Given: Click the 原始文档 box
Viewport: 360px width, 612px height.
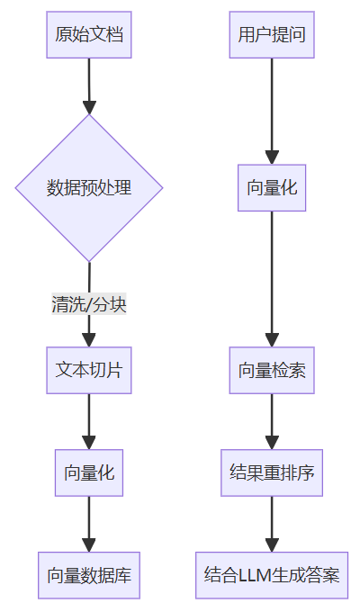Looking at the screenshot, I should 89,35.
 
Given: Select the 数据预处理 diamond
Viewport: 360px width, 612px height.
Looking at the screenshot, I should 89,188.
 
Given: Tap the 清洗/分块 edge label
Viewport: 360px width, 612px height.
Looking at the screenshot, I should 89,304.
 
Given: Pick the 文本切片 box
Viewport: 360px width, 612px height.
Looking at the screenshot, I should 89,370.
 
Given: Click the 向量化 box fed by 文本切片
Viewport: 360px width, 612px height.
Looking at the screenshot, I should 89,472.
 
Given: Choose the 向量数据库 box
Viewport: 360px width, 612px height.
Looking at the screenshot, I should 89,575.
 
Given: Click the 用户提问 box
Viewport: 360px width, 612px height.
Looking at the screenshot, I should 272,35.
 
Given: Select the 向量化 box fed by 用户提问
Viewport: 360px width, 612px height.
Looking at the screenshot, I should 272,188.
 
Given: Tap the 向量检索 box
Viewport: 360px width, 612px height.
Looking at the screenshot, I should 272,370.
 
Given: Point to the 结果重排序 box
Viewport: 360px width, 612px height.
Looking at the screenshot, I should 272,472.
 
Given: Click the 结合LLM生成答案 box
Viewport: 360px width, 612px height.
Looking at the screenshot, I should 272,575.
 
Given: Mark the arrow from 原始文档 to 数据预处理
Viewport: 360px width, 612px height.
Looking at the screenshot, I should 89,85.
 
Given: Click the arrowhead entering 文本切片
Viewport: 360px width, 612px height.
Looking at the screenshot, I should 89,339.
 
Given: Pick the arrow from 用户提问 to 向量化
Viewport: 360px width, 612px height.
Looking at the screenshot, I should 272,108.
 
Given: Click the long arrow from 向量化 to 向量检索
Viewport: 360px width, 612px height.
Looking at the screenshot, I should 272,279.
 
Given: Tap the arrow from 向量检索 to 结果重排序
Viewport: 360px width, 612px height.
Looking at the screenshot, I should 272,421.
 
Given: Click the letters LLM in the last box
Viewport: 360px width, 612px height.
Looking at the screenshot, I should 254,575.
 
